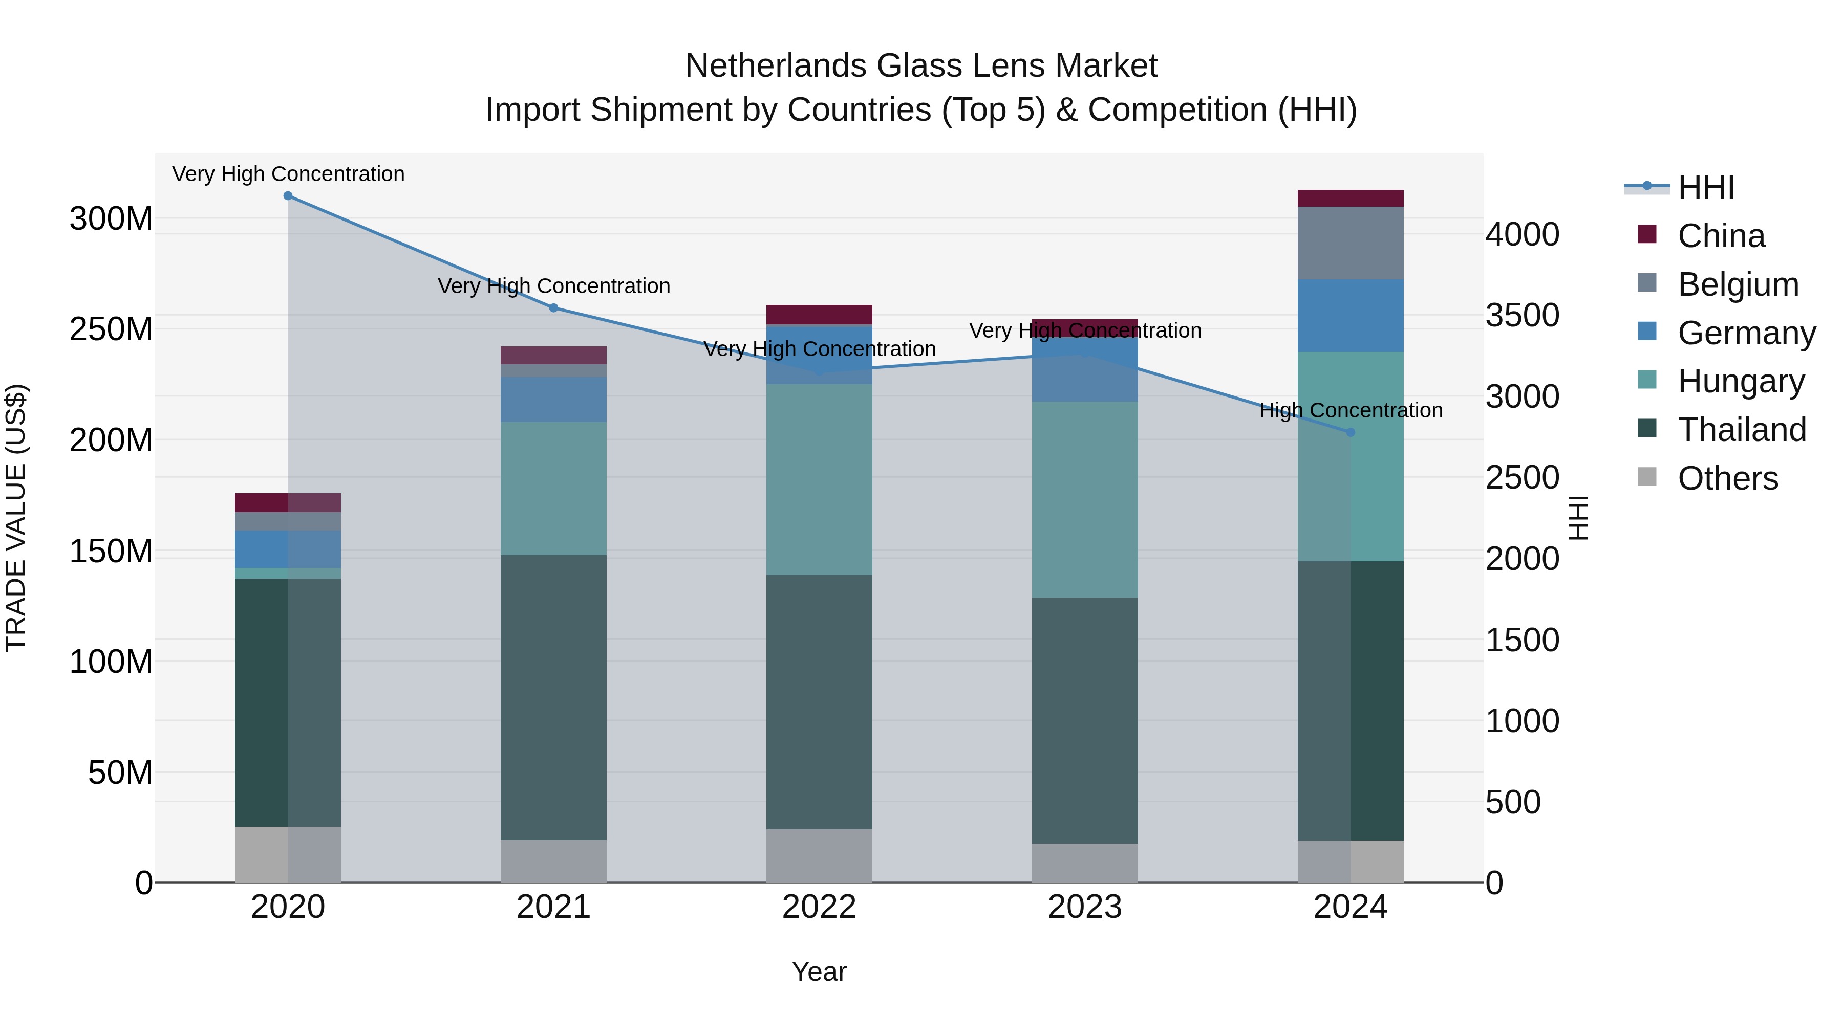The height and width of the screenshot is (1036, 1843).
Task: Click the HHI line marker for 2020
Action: click(x=288, y=196)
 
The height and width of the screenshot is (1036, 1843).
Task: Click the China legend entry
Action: click(x=1720, y=236)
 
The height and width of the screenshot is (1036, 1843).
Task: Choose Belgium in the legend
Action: click(x=1737, y=284)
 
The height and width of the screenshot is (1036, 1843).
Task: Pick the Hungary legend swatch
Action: click(x=1646, y=380)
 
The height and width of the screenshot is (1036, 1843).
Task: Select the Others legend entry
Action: click(x=1727, y=478)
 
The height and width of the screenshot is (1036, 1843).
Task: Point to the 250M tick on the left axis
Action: click(x=111, y=329)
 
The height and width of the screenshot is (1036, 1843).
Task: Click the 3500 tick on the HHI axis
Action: click(x=1522, y=315)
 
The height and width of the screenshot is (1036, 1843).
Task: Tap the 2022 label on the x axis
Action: click(x=819, y=907)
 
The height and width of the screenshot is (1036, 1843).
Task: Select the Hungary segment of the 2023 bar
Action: click(x=1085, y=499)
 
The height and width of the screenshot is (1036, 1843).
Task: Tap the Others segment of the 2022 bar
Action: click(x=819, y=856)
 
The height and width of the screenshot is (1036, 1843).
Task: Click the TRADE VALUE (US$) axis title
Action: click(x=16, y=518)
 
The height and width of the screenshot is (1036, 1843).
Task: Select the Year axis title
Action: click(x=819, y=972)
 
